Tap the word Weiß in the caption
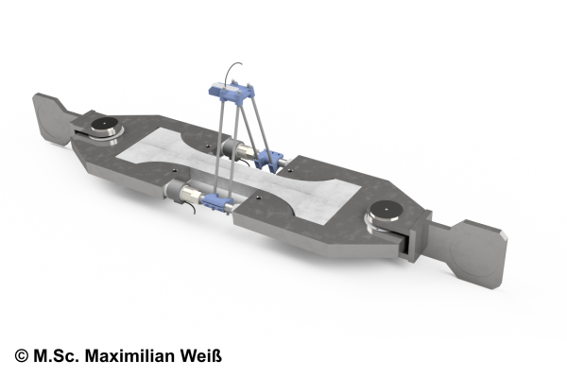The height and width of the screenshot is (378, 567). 201,356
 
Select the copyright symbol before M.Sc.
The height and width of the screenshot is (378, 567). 22,356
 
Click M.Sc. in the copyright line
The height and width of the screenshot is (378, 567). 56,356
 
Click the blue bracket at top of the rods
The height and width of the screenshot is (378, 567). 232,92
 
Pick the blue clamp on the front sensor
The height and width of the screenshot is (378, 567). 217,201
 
